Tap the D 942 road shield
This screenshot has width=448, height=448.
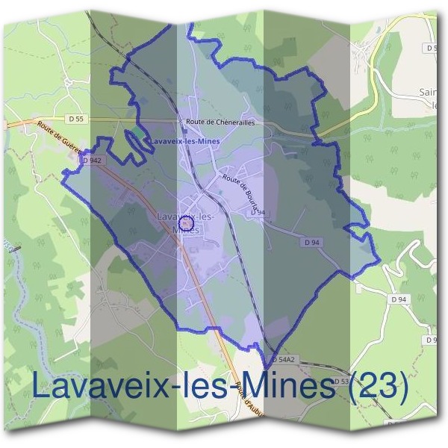[92, 161]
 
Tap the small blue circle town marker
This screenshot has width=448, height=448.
[187, 223]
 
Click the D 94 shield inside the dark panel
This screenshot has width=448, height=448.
[313, 243]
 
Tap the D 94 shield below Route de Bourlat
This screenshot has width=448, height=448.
[258, 213]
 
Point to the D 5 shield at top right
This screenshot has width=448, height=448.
[432, 47]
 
